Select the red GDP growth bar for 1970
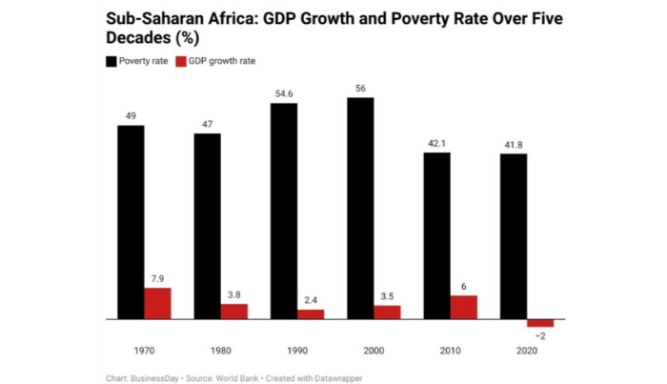pyautogui.click(x=157, y=303)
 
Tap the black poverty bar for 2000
pyautogui.click(x=360, y=208)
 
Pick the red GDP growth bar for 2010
pyautogui.click(x=463, y=307)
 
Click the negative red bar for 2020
pyautogui.click(x=539, y=322)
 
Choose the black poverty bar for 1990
pyautogui.click(x=284, y=211)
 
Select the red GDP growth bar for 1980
pyautogui.click(x=233, y=311)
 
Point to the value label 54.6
pyautogui.click(x=284, y=93)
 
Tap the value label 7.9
pyautogui.click(x=157, y=278)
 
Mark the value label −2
pyautogui.click(x=539, y=336)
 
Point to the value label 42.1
pyautogui.click(x=436, y=143)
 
